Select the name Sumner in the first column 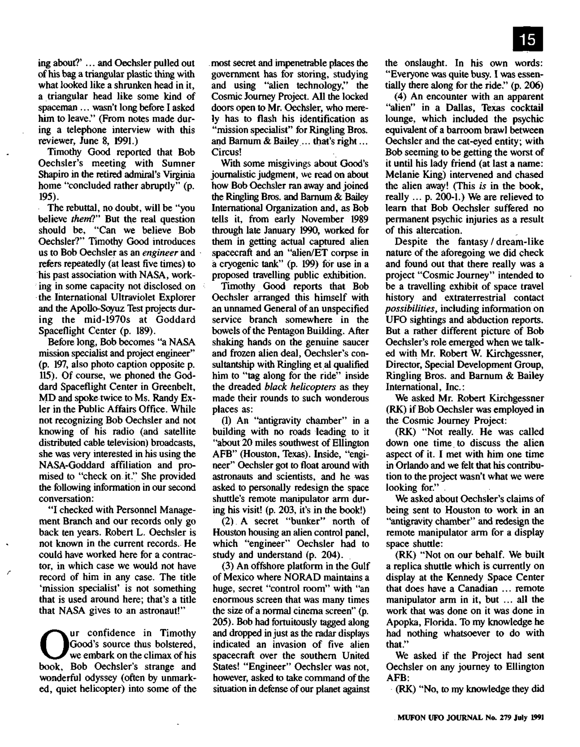click(x=178, y=164)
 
